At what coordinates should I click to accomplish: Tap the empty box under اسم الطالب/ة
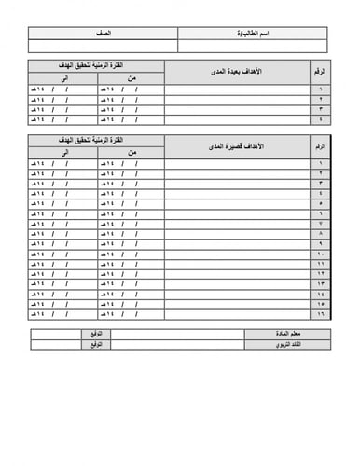(x=252, y=46)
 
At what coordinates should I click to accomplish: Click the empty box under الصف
(x=103, y=46)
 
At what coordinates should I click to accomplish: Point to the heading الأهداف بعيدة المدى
(x=238, y=72)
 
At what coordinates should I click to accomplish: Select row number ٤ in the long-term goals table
(x=321, y=119)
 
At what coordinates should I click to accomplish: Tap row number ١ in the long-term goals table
(x=321, y=90)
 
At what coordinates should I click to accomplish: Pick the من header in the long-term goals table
(x=131, y=79)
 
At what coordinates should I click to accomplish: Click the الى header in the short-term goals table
(x=63, y=153)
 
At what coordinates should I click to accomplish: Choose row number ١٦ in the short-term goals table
(x=321, y=314)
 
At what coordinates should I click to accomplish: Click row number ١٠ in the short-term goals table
(x=321, y=254)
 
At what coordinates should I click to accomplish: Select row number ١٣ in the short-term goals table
(x=321, y=283)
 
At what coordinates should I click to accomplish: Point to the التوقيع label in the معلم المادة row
(x=94, y=333)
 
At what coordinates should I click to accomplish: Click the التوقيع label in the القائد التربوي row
(x=94, y=344)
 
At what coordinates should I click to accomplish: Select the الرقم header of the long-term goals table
(x=321, y=72)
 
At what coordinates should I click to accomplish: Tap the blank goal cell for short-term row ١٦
(x=238, y=314)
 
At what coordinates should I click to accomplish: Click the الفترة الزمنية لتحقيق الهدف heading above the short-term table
(x=97, y=140)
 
